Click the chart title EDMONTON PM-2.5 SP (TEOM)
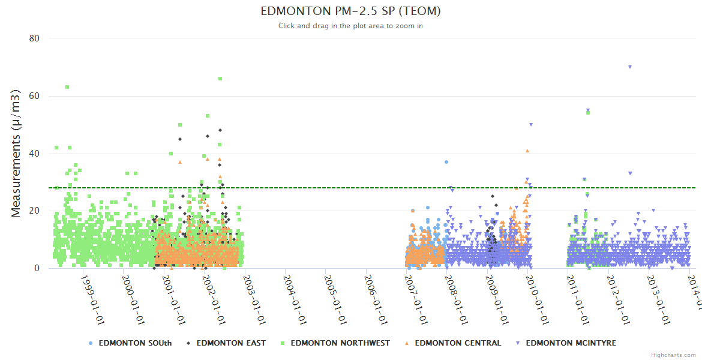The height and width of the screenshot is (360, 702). pyautogui.click(x=351, y=11)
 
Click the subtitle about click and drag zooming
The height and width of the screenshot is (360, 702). pyautogui.click(x=351, y=26)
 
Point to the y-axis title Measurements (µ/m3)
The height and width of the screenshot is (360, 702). pyautogui.click(x=16, y=153)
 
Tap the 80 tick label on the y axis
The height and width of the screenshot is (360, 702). pyautogui.click(x=34, y=38)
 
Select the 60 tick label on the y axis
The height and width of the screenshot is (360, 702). pyautogui.click(x=34, y=96)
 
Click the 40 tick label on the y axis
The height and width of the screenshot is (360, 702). pyautogui.click(x=34, y=154)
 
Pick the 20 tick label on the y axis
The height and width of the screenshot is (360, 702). pyautogui.click(x=34, y=211)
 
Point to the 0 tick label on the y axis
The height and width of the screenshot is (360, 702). pyautogui.click(x=37, y=268)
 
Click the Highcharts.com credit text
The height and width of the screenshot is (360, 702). pyautogui.click(x=673, y=355)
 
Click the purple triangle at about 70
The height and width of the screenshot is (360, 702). pyautogui.click(x=630, y=67)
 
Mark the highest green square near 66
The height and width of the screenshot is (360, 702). pyautogui.click(x=220, y=79)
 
